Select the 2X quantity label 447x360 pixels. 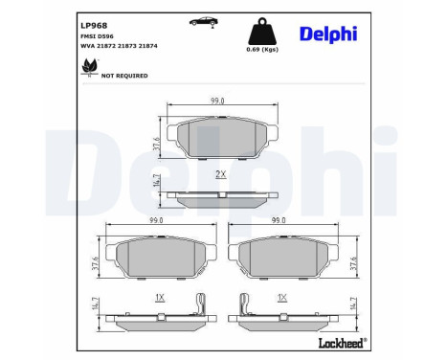click(220, 173)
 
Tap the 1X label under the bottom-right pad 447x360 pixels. click(282, 298)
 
